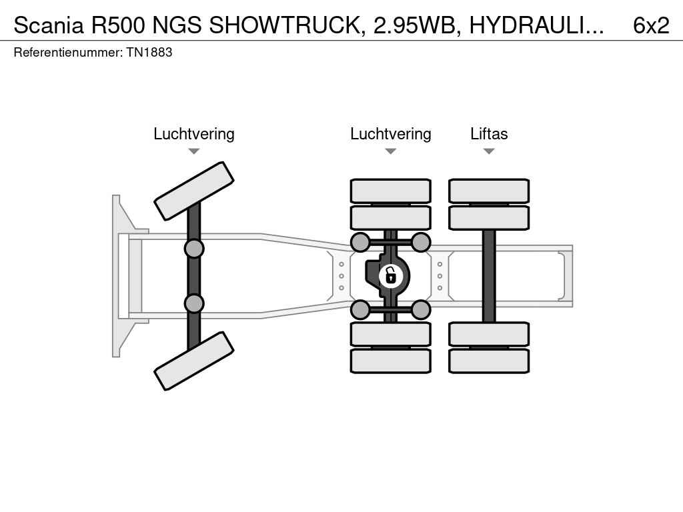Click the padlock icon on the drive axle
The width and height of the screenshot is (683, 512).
(391, 275)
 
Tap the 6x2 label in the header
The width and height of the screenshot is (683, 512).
(650, 25)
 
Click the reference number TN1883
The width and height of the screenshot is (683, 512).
(149, 52)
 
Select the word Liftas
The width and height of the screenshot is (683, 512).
(489, 134)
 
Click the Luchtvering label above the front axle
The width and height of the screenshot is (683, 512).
(193, 134)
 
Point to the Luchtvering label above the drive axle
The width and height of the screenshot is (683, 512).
(390, 134)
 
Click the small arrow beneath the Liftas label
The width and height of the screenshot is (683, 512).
(489, 151)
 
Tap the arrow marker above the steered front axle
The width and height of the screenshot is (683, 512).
(193, 151)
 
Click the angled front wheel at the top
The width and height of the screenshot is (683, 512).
(193, 191)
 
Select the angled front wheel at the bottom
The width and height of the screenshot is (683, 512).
(193, 361)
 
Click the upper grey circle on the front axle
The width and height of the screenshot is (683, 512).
(193, 249)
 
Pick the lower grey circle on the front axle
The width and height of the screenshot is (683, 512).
(193, 303)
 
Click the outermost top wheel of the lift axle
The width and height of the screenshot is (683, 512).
(489, 191)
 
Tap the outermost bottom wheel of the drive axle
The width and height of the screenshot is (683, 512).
(390, 361)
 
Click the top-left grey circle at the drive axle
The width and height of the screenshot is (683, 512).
(360, 242)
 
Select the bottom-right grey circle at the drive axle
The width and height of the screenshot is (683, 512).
(421, 309)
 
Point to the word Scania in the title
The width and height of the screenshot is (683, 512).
(49, 25)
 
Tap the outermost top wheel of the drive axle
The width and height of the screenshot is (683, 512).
(390, 191)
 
